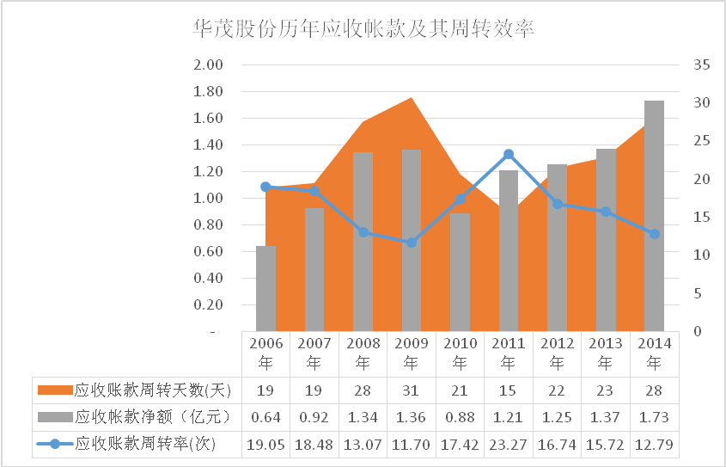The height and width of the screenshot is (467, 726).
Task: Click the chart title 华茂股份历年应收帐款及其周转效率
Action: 364,29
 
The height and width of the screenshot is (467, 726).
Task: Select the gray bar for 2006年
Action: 266,288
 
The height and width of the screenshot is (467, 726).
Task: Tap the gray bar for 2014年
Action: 654,215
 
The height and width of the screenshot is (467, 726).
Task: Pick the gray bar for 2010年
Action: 460,272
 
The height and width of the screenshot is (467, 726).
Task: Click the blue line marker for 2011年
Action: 509,155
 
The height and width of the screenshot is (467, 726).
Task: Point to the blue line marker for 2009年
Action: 412,243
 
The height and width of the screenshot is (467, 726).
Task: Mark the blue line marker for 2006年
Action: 265,187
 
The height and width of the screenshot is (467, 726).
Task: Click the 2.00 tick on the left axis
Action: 210,65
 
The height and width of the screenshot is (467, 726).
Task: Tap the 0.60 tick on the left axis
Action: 210,251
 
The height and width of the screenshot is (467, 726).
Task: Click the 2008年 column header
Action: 363,353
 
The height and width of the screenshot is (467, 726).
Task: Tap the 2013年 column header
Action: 605,353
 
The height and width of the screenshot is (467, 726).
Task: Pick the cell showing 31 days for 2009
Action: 412,390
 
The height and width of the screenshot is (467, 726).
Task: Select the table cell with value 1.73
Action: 654,418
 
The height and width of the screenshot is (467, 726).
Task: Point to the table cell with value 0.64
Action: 265,418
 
